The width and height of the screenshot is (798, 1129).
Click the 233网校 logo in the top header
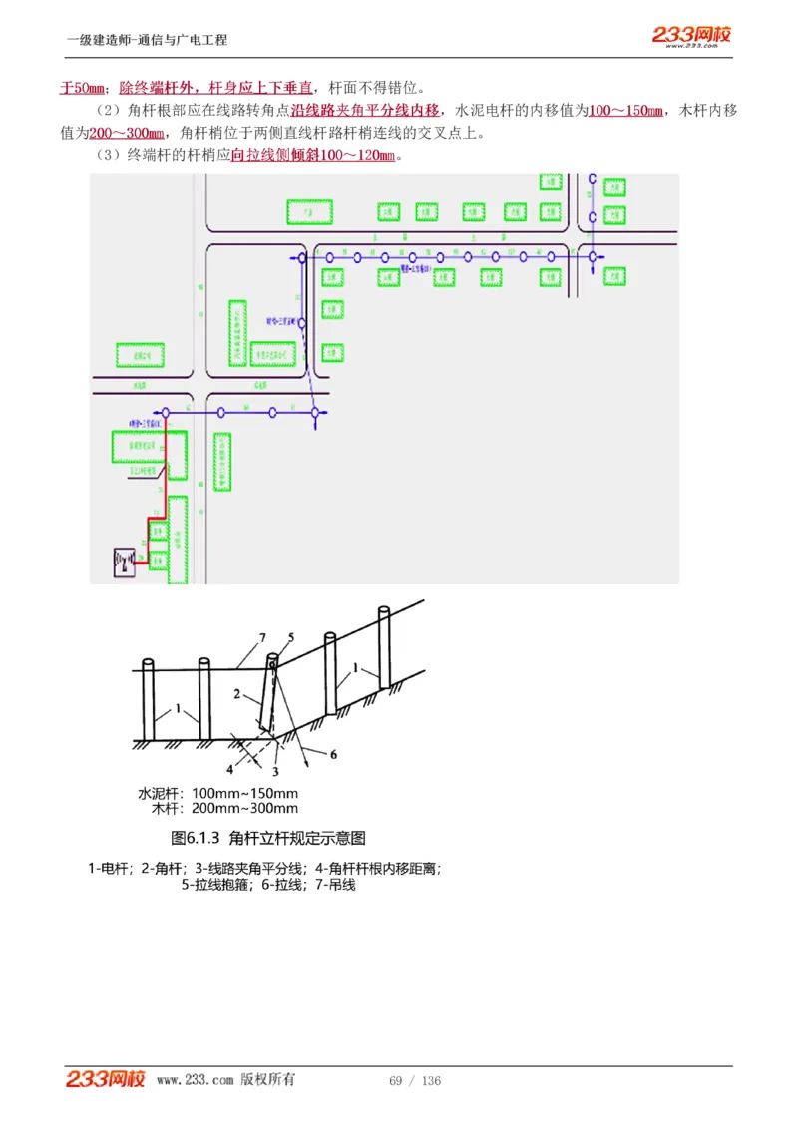[x=691, y=36]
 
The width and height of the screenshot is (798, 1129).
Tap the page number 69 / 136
[x=415, y=1081]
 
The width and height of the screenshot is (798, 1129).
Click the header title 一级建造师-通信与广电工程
[x=148, y=40]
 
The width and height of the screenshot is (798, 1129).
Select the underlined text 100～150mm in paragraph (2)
[x=625, y=110]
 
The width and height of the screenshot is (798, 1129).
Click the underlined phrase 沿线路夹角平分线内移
[x=365, y=110]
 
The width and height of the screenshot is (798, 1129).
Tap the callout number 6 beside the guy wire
[x=333, y=755]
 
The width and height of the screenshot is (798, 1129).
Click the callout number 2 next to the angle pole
[x=237, y=692]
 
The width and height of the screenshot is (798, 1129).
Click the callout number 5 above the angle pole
[x=291, y=636]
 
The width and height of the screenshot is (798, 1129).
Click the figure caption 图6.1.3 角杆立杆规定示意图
[x=268, y=838]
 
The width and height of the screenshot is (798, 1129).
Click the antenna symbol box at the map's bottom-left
[x=124, y=562]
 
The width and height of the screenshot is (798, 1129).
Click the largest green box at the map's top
[x=309, y=211]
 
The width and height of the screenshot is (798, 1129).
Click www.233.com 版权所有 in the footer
[x=225, y=1080]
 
